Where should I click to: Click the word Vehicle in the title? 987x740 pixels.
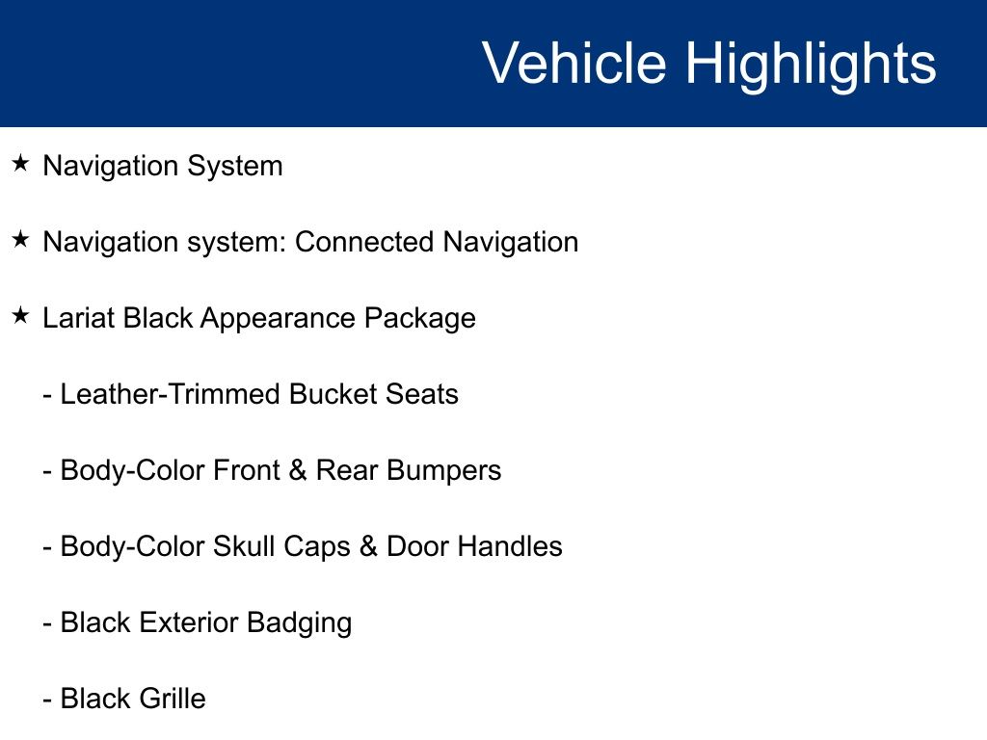(574, 64)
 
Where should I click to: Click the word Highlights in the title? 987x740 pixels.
(811, 64)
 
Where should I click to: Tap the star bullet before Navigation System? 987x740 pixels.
(21, 164)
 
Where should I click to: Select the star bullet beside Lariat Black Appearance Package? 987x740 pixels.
(21, 316)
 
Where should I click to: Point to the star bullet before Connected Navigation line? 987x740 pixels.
(21, 240)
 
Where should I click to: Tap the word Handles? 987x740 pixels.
(509, 546)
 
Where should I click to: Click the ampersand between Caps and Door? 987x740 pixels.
(368, 546)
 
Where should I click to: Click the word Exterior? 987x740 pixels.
(189, 622)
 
